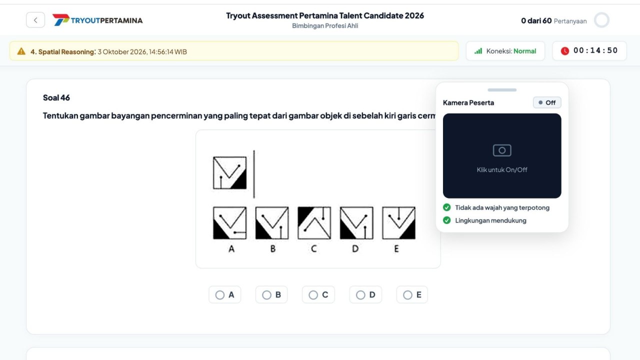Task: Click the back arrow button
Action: click(x=35, y=20)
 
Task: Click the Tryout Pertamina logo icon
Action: click(x=61, y=19)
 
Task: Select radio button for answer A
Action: click(x=219, y=295)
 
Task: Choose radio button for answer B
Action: click(x=266, y=295)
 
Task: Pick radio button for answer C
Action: click(x=313, y=295)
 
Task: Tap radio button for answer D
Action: click(x=360, y=295)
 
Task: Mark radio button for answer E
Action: click(x=407, y=295)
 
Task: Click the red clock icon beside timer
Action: click(x=565, y=51)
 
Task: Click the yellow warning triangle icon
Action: click(x=21, y=51)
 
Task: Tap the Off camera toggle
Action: click(x=547, y=102)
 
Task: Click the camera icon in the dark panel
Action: click(x=502, y=150)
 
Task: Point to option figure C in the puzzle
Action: click(x=314, y=223)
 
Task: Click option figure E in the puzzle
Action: click(x=399, y=223)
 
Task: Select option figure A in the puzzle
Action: click(x=229, y=223)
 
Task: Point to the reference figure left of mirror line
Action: click(x=229, y=173)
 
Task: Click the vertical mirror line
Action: click(x=254, y=174)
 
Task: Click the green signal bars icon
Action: click(x=478, y=51)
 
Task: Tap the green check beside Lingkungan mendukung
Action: click(x=447, y=220)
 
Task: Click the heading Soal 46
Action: click(x=56, y=97)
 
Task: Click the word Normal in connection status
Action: click(x=524, y=51)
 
